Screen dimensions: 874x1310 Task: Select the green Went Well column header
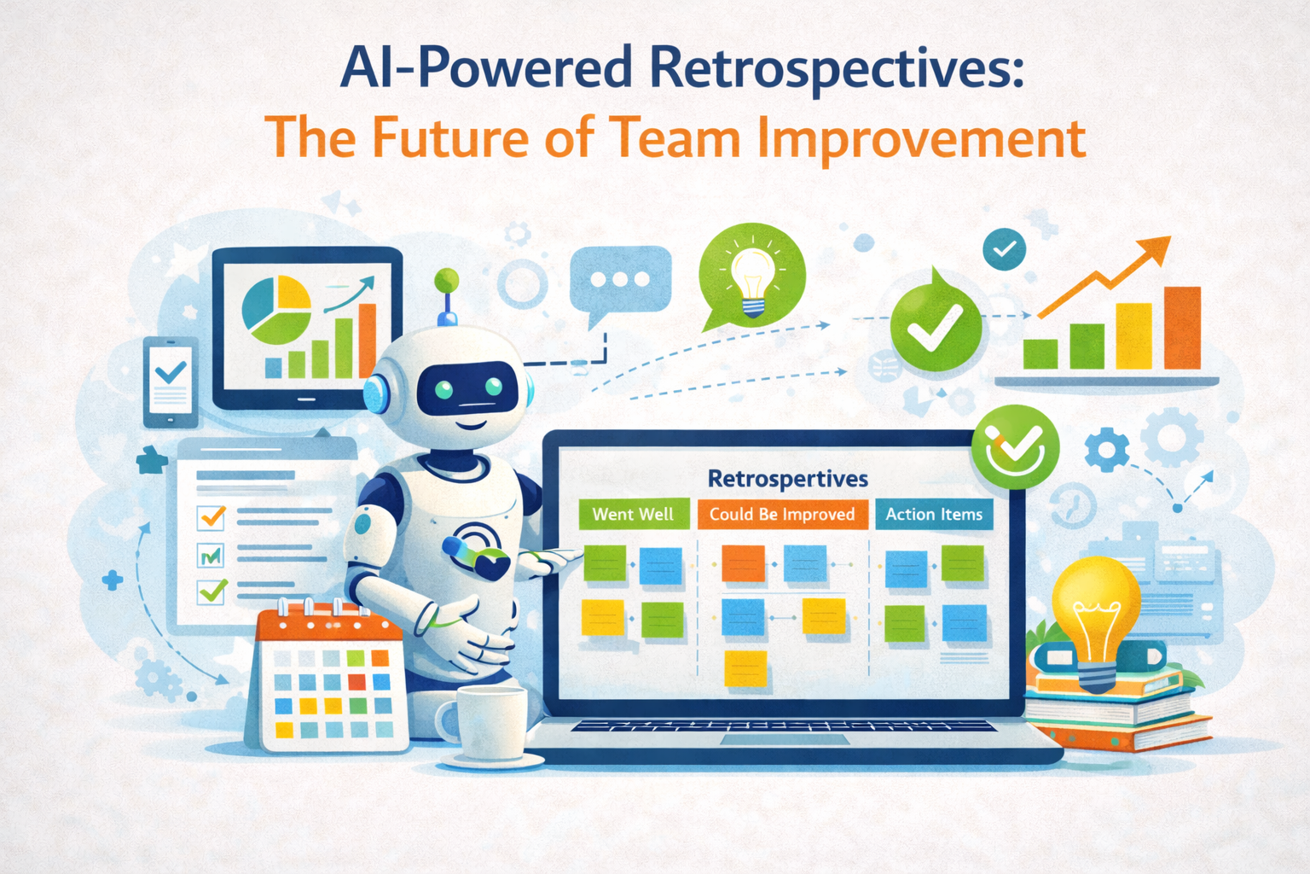(633, 514)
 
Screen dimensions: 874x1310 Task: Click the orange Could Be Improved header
(781, 514)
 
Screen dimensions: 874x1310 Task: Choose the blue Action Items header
(933, 514)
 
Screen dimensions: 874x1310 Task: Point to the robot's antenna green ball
(447, 280)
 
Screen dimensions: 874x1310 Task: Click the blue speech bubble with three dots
(620, 280)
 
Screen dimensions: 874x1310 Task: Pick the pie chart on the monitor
(276, 306)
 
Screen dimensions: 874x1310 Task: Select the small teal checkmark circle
(1004, 249)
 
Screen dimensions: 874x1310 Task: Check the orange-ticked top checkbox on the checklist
(211, 516)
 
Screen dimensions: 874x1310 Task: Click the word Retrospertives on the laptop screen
(787, 479)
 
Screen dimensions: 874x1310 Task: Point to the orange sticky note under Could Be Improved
(743, 563)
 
